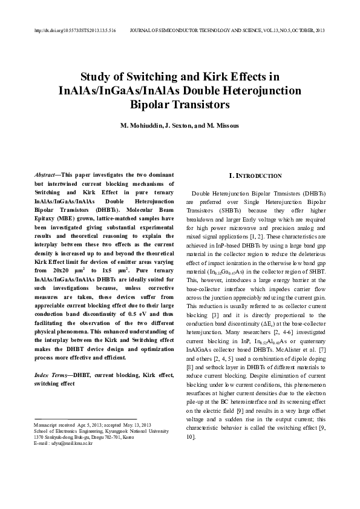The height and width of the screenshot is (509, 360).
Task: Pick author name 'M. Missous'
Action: click(223, 126)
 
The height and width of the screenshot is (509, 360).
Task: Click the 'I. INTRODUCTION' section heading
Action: click(255, 176)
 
